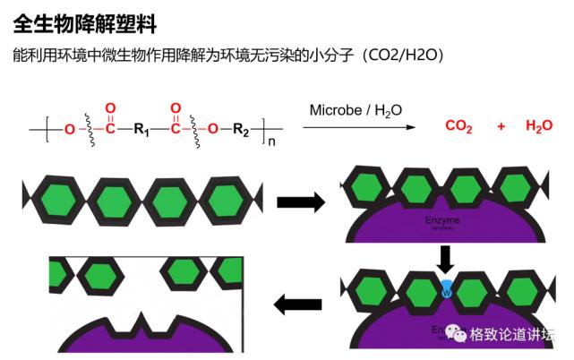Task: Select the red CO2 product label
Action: (458, 127)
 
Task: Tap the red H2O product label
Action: (540, 127)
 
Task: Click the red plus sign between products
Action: (501, 126)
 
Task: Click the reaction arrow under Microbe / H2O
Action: (358, 128)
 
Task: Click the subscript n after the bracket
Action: (267, 141)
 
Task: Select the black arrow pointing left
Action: (296, 305)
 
